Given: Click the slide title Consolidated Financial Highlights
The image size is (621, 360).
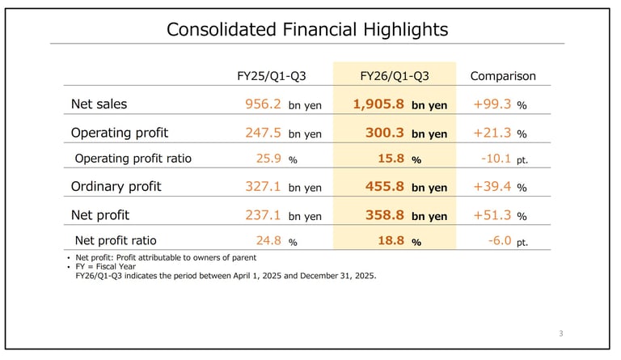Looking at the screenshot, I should (x=307, y=30).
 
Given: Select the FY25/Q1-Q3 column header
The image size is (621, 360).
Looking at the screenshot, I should (x=272, y=76).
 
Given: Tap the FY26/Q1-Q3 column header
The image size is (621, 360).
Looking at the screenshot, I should (x=395, y=76).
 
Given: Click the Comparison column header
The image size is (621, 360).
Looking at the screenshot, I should (x=502, y=76).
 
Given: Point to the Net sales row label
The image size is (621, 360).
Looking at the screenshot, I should (x=99, y=104).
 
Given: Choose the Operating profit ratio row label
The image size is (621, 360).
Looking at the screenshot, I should (x=133, y=159).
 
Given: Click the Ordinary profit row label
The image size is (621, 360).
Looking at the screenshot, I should (x=116, y=186).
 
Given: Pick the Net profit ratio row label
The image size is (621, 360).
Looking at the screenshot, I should (x=116, y=240).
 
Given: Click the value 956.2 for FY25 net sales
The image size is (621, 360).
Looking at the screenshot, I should (x=263, y=104).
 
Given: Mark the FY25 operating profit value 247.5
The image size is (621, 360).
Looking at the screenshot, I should (x=263, y=133).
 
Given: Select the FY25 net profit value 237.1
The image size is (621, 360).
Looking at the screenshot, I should (x=263, y=215).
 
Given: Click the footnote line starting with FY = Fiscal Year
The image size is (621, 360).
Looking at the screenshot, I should (x=110, y=266).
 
